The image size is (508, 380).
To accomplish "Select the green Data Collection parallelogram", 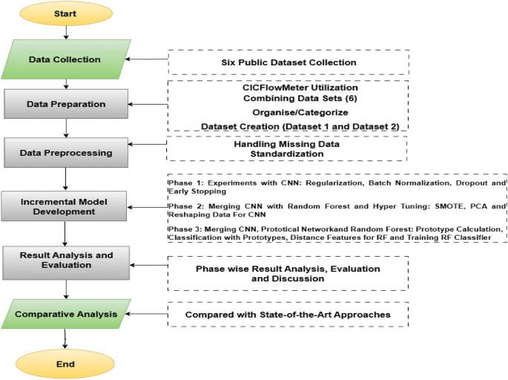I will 65,59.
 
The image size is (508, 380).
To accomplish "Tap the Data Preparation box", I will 67,104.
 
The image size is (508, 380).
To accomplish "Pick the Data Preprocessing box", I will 67,152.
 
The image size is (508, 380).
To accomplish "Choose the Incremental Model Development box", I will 67,206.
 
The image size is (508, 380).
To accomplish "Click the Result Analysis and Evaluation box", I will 67,261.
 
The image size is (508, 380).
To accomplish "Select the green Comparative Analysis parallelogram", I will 66,314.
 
